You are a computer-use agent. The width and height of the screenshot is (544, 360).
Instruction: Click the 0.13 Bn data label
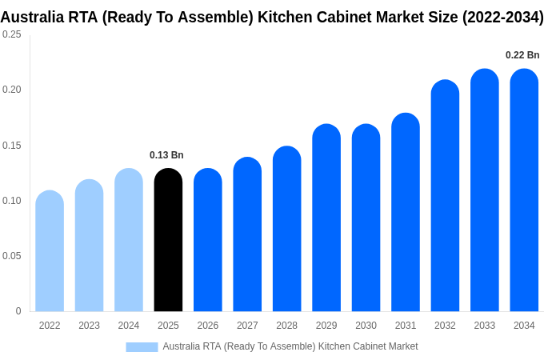[x=166, y=155]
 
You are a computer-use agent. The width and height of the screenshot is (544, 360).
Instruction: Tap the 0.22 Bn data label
[x=522, y=55]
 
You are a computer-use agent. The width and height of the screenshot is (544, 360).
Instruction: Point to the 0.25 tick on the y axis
[x=12, y=34]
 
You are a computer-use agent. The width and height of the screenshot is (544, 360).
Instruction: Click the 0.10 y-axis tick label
[x=12, y=201]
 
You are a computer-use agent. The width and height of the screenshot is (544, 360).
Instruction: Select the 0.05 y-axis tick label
[x=12, y=256]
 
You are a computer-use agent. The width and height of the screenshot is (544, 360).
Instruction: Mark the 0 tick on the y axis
[x=18, y=311]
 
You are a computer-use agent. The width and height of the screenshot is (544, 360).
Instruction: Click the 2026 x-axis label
[x=208, y=326]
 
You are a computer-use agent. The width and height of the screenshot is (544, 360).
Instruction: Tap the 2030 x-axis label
[x=366, y=326]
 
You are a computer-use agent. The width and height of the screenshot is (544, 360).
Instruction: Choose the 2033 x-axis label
[x=484, y=326]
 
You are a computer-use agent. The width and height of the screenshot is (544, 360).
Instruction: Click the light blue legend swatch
[x=142, y=346]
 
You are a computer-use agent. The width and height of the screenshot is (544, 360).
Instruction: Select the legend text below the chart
[x=290, y=346]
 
